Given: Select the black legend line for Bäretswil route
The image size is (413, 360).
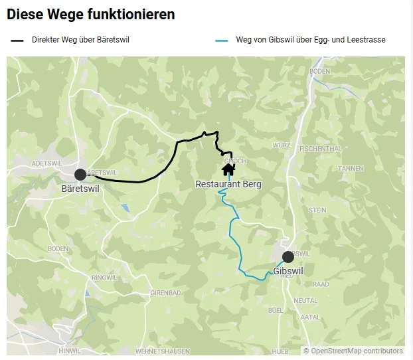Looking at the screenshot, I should click(x=17, y=41).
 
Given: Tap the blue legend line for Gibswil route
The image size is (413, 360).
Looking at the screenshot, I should click(x=222, y=41).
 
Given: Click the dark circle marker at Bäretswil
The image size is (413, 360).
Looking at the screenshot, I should click(x=80, y=175).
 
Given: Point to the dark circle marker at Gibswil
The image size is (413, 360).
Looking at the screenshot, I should click(x=288, y=257).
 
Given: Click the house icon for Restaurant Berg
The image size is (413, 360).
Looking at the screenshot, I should click(x=228, y=169).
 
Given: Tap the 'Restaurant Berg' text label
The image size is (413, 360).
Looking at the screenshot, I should click(x=228, y=184).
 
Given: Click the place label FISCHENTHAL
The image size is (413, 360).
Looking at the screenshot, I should click(x=320, y=149).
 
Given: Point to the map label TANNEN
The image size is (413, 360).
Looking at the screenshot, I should click(x=351, y=169).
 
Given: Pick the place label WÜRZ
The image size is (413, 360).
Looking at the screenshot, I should click(x=282, y=144).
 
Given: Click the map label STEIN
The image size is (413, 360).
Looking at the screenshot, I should click(x=317, y=210).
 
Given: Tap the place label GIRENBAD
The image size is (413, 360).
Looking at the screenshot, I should click(x=165, y=293).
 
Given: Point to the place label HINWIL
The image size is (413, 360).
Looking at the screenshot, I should click(x=69, y=351).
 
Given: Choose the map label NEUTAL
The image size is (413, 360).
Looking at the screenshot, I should click(x=305, y=300).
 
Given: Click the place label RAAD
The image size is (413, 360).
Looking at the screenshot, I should click(x=321, y=284).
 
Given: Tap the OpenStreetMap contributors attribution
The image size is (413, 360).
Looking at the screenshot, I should click(x=353, y=351).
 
